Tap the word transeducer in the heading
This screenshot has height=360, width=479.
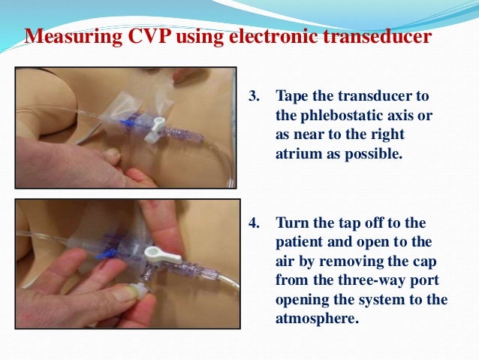point(377,36)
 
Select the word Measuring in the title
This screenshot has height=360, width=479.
point(74,37)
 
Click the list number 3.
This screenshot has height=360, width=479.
point(255,96)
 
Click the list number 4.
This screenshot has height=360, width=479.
point(255,222)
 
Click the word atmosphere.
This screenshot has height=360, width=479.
point(317,319)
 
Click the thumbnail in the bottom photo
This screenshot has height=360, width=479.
point(125,294)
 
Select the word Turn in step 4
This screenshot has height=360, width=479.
point(293,222)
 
